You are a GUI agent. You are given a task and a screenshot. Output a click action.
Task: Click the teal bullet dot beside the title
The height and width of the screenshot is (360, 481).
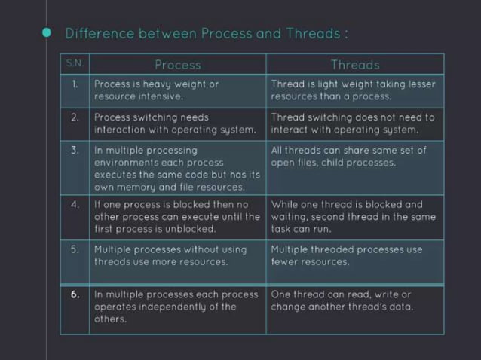[x=47, y=32]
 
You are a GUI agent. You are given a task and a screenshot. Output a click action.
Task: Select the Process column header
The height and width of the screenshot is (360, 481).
[x=178, y=65]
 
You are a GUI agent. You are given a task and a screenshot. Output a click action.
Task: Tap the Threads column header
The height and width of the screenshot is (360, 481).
[x=354, y=65]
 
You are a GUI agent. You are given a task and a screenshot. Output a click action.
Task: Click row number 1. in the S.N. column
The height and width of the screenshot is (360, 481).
[x=75, y=84]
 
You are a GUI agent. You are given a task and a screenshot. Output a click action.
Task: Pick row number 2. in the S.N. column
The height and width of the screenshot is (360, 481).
[x=75, y=117]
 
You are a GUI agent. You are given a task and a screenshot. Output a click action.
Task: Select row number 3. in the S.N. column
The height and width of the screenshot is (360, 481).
[x=75, y=150]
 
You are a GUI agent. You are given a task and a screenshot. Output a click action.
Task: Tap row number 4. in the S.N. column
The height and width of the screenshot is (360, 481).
[x=75, y=204]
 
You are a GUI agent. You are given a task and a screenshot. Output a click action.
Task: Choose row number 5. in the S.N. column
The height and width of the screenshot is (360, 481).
[x=75, y=249]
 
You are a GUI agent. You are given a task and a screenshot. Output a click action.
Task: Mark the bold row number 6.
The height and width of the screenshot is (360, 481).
[x=75, y=294]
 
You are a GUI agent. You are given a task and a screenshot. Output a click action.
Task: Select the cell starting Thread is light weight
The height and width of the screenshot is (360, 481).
[x=353, y=90]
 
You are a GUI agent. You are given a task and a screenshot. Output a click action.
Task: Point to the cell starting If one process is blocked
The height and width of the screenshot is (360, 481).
[x=176, y=216]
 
